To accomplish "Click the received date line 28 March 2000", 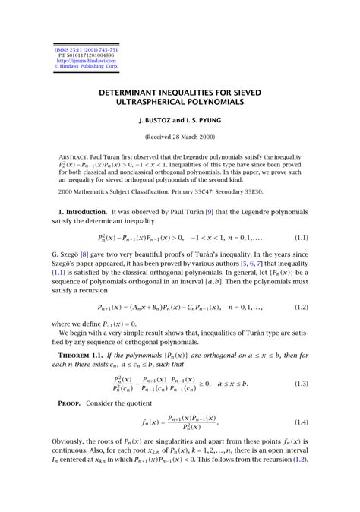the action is pos(180,137).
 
